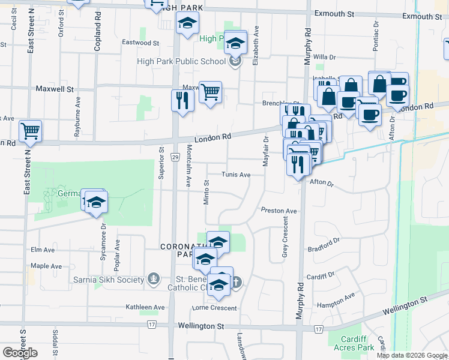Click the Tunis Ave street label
click(236, 175)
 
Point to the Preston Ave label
click(279, 211)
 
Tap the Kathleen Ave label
click(145, 307)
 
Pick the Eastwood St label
click(140, 43)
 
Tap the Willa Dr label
click(324, 57)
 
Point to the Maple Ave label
click(46, 266)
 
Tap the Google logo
click(20, 353)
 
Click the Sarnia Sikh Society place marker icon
click(154, 280)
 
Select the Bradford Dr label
click(324, 245)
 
